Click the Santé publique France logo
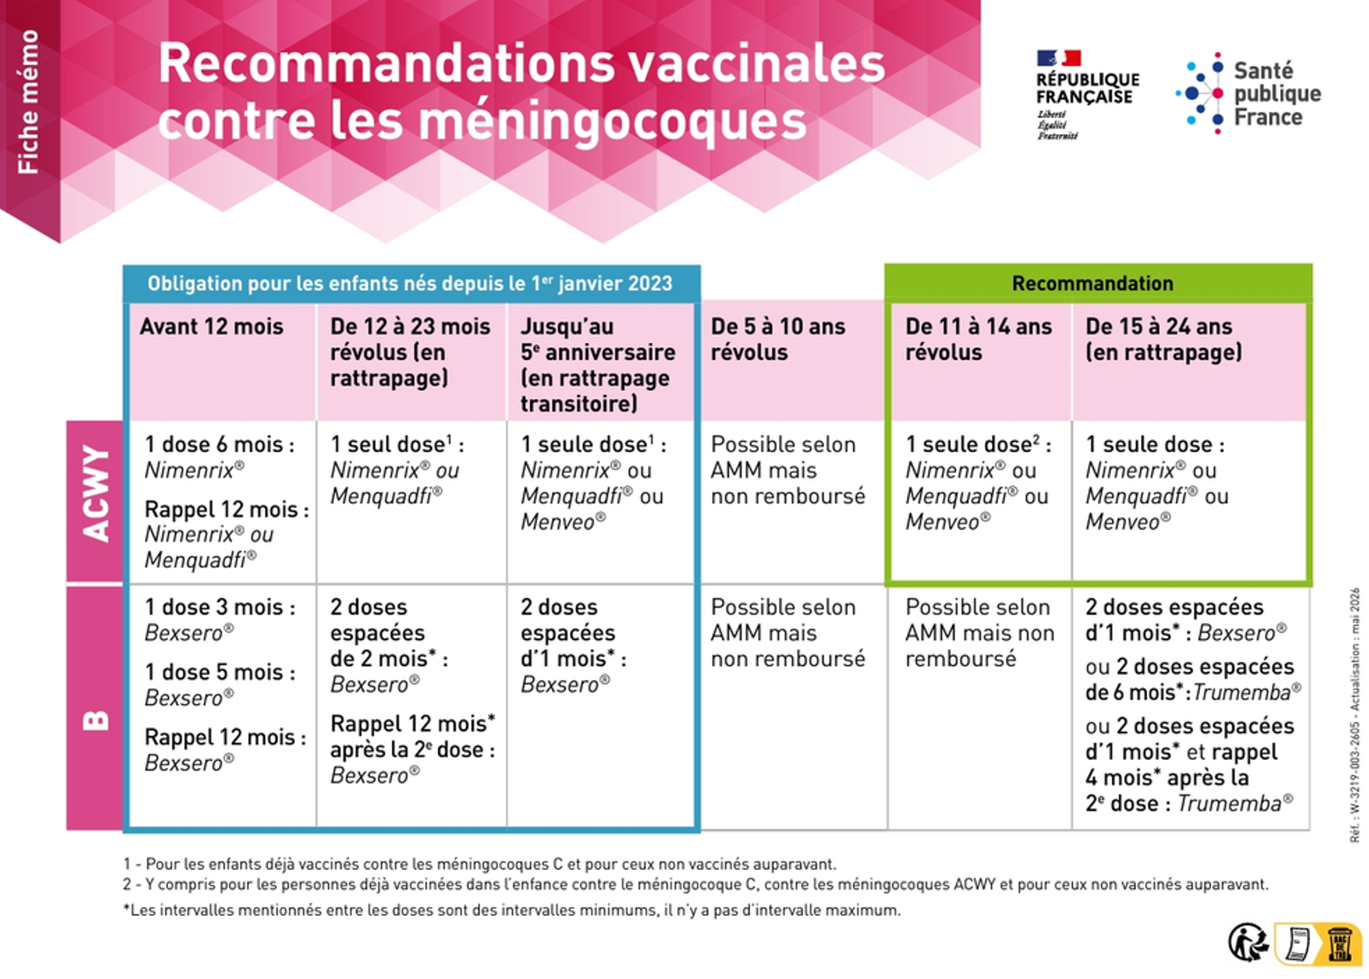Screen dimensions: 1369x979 pos(1249,93)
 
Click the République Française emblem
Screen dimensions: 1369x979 pos(1087,94)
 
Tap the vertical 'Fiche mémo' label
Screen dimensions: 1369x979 pos(29,101)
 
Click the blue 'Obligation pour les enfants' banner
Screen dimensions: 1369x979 pos(411,283)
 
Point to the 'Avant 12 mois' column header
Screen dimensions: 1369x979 pos(212,327)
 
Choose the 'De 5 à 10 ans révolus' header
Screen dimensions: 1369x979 pos(778,340)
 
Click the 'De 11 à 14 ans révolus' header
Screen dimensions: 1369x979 pos(978,340)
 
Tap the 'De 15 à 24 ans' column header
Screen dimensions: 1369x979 pos(1164,340)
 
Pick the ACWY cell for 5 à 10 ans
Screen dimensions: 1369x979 pos(788,470)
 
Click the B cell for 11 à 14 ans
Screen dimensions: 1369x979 pos(980,633)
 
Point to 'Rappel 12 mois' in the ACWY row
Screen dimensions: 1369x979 pos(227,509)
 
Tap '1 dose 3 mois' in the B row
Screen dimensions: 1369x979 pos(220,607)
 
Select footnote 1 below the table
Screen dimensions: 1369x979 pos(480,864)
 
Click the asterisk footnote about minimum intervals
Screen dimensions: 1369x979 pos(512,911)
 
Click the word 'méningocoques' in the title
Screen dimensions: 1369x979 pos(613,120)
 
